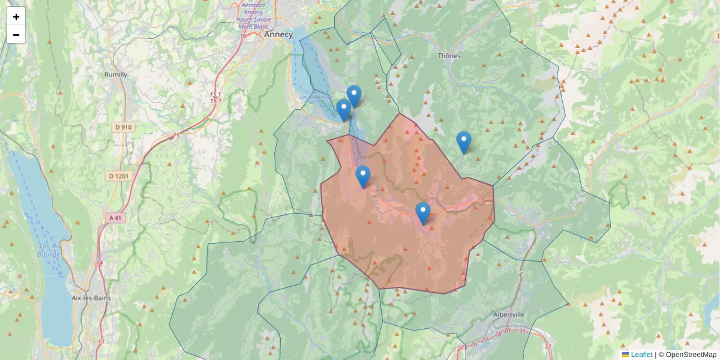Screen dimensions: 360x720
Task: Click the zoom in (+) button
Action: point(16,17)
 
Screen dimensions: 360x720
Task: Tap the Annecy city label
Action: point(278,35)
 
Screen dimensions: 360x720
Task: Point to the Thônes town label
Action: point(449,56)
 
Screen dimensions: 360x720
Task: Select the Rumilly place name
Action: point(115,74)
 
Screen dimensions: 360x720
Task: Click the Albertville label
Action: point(508,314)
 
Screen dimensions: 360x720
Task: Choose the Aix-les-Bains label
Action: point(89,298)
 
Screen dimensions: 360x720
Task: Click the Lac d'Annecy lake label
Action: point(314,97)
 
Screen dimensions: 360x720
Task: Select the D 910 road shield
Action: point(122,127)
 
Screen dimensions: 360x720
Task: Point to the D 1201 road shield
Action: point(119,176)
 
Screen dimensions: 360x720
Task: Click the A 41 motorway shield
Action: point(116,217)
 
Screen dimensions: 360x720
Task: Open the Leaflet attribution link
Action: point(641,355)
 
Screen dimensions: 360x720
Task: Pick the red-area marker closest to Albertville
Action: point(423,213)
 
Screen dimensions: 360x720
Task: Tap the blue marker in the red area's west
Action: point(362,176)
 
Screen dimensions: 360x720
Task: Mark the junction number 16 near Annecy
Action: point(243,36)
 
